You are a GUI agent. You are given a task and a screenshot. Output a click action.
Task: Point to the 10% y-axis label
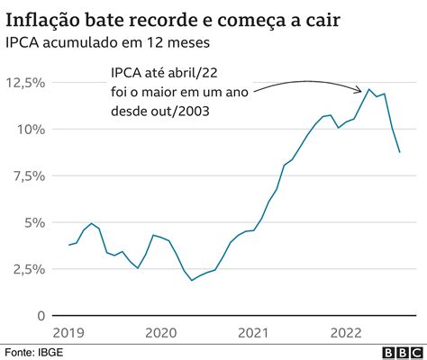[30, 130]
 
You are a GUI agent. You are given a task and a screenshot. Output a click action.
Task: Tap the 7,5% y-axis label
[27, 176]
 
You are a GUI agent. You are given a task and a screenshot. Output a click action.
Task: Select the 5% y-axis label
[32, 222]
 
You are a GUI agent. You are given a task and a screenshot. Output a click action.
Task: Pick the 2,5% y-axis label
[27, 269]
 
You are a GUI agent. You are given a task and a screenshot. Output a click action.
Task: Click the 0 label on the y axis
[39, 316]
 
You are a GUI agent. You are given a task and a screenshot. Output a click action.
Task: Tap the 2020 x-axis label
[162, 332]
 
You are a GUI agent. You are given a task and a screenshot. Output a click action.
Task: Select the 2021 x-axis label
[256, 332]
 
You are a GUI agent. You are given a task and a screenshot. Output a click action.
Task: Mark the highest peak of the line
[368, 89]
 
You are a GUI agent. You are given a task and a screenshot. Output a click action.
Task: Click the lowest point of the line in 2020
[192, 281]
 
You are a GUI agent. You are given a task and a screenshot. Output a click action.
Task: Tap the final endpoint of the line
[400, 152]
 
